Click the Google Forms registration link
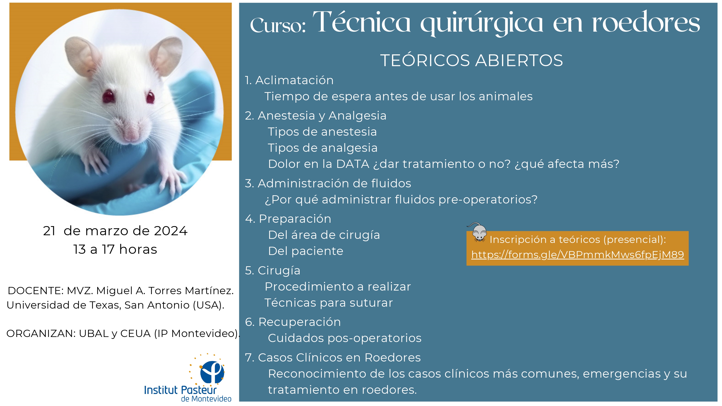click(x=577, y=255)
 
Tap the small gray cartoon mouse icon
click(x=477, y=232)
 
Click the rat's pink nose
click(x=131, y=134)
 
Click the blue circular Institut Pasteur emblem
click(x=212, y=372)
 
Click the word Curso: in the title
click(x=278, y=25)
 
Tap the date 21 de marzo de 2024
click(x=115, y=231)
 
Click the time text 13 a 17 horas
click(x=115, y=249)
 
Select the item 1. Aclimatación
click(x=289, y=80)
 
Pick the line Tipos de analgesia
click(x=322, y=148)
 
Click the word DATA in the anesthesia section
click(x=353, y=164)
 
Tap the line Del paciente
click(x=305, y=251)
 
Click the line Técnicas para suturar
click(x=329, y=303)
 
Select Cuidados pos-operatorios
click(x=345, y=338)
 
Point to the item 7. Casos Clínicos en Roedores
click(x=333, y=357)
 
